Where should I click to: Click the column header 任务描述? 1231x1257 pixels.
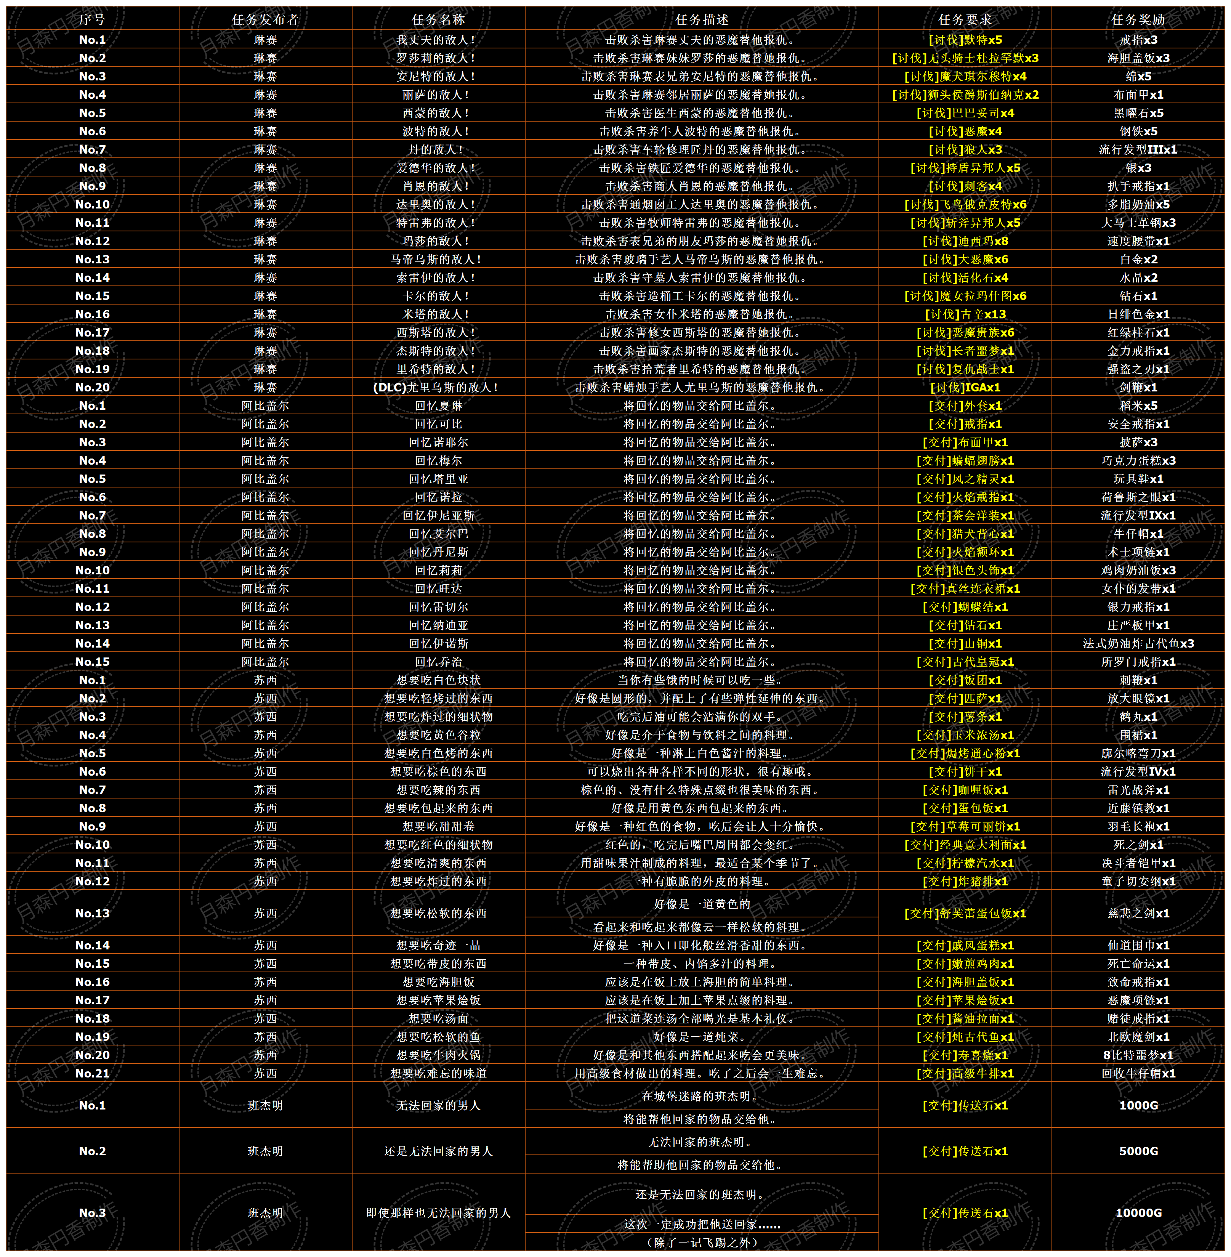pos(702,19)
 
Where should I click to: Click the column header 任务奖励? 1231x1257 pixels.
pos(1138,19)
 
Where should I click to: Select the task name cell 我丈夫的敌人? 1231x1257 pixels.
pos(438,39)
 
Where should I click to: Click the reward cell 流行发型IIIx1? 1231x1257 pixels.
pos(1138,149)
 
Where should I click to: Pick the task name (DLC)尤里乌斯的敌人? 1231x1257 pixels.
pos(438,387)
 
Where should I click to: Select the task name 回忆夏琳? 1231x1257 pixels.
pos(438,406)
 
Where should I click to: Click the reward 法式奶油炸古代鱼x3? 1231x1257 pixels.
pos(1138,643)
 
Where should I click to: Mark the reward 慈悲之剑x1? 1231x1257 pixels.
pos(1138,913)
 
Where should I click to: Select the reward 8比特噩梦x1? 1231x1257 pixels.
pos(1138,1055)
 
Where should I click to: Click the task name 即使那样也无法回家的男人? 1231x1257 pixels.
pos(438,1212)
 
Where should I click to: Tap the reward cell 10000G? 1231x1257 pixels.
pos(1138,1212)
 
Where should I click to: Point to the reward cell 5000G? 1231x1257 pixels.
pos(1138,1151)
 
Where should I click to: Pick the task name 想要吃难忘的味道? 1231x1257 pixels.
pos(438,1073)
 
